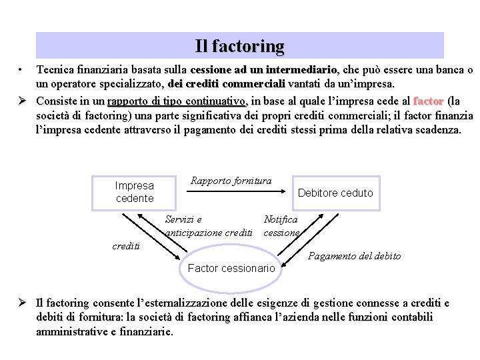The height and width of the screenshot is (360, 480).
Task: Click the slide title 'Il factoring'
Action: (239, 47)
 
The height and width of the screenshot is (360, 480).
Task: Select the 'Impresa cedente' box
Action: (135, 192)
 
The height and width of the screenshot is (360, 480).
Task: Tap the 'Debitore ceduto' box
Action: (335, 193)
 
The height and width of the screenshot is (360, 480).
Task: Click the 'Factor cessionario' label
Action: (231, 268)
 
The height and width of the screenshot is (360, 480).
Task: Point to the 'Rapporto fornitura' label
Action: (231, 181)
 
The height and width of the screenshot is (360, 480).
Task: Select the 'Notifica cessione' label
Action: (281, 226)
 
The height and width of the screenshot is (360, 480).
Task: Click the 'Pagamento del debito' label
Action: (354, 256)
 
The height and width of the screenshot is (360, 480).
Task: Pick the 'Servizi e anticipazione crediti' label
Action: (208, 226)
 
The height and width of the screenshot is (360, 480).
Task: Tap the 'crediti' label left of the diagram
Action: (126, 246)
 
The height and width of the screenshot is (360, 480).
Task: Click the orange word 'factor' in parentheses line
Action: (429, 101)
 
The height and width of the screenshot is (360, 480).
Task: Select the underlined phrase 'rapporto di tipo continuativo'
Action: (177, 101)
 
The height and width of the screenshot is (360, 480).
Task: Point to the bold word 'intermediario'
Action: (302, 69)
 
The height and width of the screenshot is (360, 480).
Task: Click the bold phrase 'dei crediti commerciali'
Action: (227, 84)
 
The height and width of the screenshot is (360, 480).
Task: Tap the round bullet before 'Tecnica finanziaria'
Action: (22, 69)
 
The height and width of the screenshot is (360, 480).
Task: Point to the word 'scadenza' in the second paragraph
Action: (436, 130)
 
